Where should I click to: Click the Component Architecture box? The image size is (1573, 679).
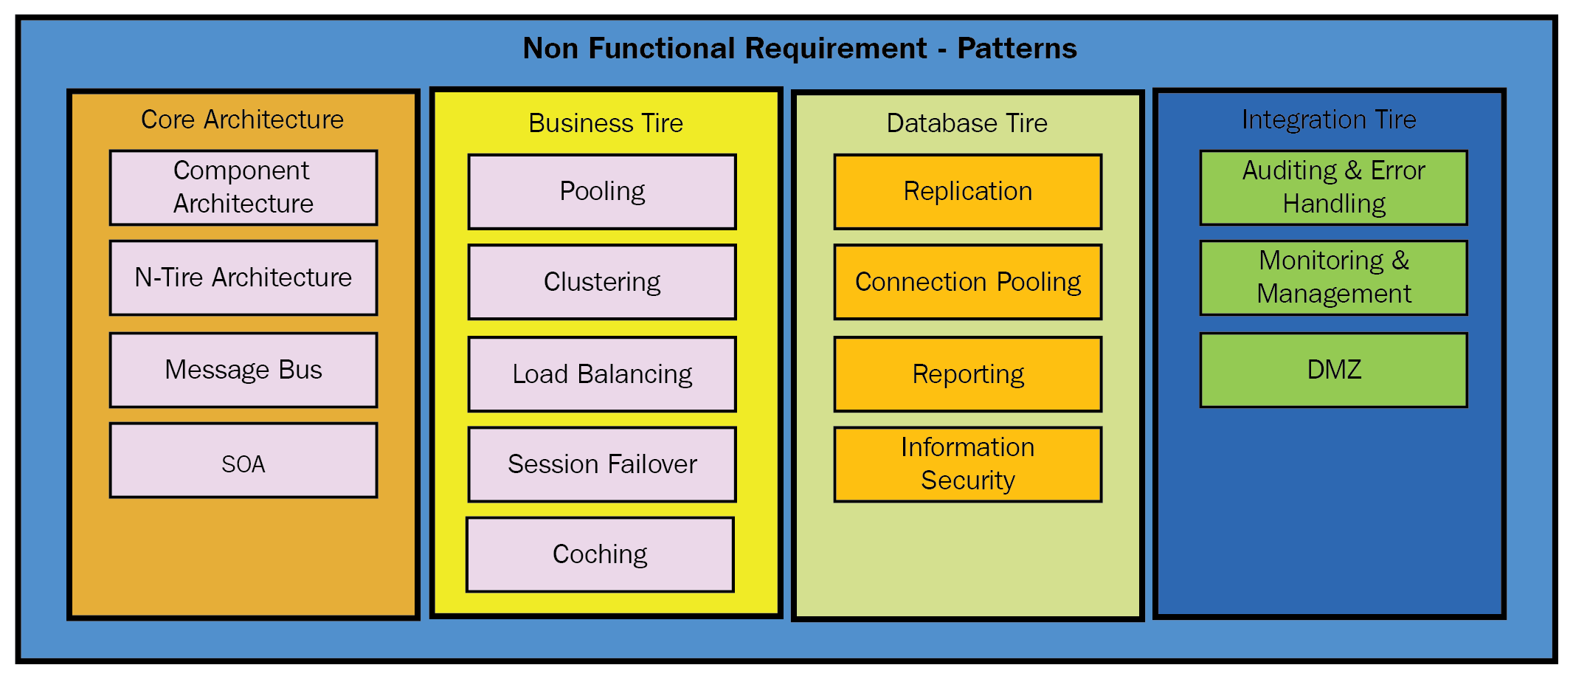[243, 187]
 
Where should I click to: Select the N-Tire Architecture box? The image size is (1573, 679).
[243, 278]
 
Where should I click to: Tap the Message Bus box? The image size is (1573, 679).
[243, 370]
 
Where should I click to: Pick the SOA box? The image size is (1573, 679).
[243, 460]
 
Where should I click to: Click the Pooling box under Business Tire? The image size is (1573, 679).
[602, 191]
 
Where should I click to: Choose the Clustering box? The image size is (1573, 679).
[602, 282]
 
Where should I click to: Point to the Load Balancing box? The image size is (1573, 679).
[602, 374]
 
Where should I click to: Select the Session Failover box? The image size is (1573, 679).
[602, 464]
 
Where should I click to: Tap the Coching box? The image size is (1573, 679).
[601, 554]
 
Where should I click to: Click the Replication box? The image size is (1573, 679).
[968, 191]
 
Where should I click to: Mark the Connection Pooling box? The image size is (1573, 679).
[968, 282]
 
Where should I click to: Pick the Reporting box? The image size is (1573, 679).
[968, 374]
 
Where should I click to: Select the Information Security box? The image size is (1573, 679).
[968, 464]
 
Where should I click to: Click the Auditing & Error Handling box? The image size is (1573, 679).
[1334, 187]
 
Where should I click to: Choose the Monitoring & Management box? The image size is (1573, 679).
[1334, 278]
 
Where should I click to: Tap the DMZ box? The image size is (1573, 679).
[1334, 370]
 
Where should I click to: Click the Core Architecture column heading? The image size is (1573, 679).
[243, 120]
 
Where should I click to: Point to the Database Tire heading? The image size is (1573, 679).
[967, 123]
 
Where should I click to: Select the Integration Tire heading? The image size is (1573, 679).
[1329, 120]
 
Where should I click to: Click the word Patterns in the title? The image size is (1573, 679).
[1017, 49]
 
